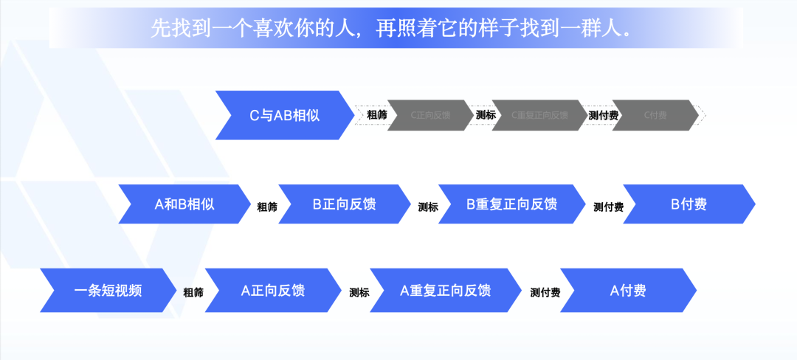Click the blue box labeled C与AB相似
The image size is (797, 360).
(284, 115)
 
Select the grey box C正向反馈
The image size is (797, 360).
(429, 115)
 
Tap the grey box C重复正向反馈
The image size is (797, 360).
(539, 115)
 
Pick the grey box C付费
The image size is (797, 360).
(655, 115)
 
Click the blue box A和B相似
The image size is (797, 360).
(184, 204)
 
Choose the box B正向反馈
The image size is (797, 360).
(344, 204)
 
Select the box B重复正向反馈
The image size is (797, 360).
(511, 204)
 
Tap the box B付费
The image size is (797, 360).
(689, 204)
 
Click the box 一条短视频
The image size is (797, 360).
(108, 291)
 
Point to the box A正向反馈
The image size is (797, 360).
(272, 291)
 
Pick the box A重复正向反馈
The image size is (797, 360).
(445, 291)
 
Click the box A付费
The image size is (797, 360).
(628, 291)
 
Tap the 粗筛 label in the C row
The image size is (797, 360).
(377, 115)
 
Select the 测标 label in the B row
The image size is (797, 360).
(428, 207)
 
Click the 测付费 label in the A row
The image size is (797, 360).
(545, 293)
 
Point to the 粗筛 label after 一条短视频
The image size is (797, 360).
(193, 293)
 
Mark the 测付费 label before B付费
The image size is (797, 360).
(608, 207)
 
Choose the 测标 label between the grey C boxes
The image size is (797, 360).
(486, 115)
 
